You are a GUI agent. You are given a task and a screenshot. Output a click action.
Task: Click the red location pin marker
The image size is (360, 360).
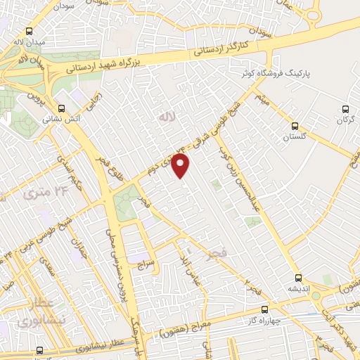(181, 166)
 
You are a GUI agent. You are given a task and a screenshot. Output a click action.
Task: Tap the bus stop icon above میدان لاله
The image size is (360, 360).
(29, 32)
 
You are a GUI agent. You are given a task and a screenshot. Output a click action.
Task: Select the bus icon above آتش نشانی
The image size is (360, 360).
(63, 108)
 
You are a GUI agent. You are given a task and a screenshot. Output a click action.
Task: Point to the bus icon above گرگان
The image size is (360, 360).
(345, 109)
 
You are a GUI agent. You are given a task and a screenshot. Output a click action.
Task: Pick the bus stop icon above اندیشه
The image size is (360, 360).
(298, 278)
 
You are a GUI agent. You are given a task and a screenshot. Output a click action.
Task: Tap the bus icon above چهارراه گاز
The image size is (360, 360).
(264, 309)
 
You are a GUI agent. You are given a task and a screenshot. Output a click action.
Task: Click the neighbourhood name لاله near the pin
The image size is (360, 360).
(166, 115)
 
